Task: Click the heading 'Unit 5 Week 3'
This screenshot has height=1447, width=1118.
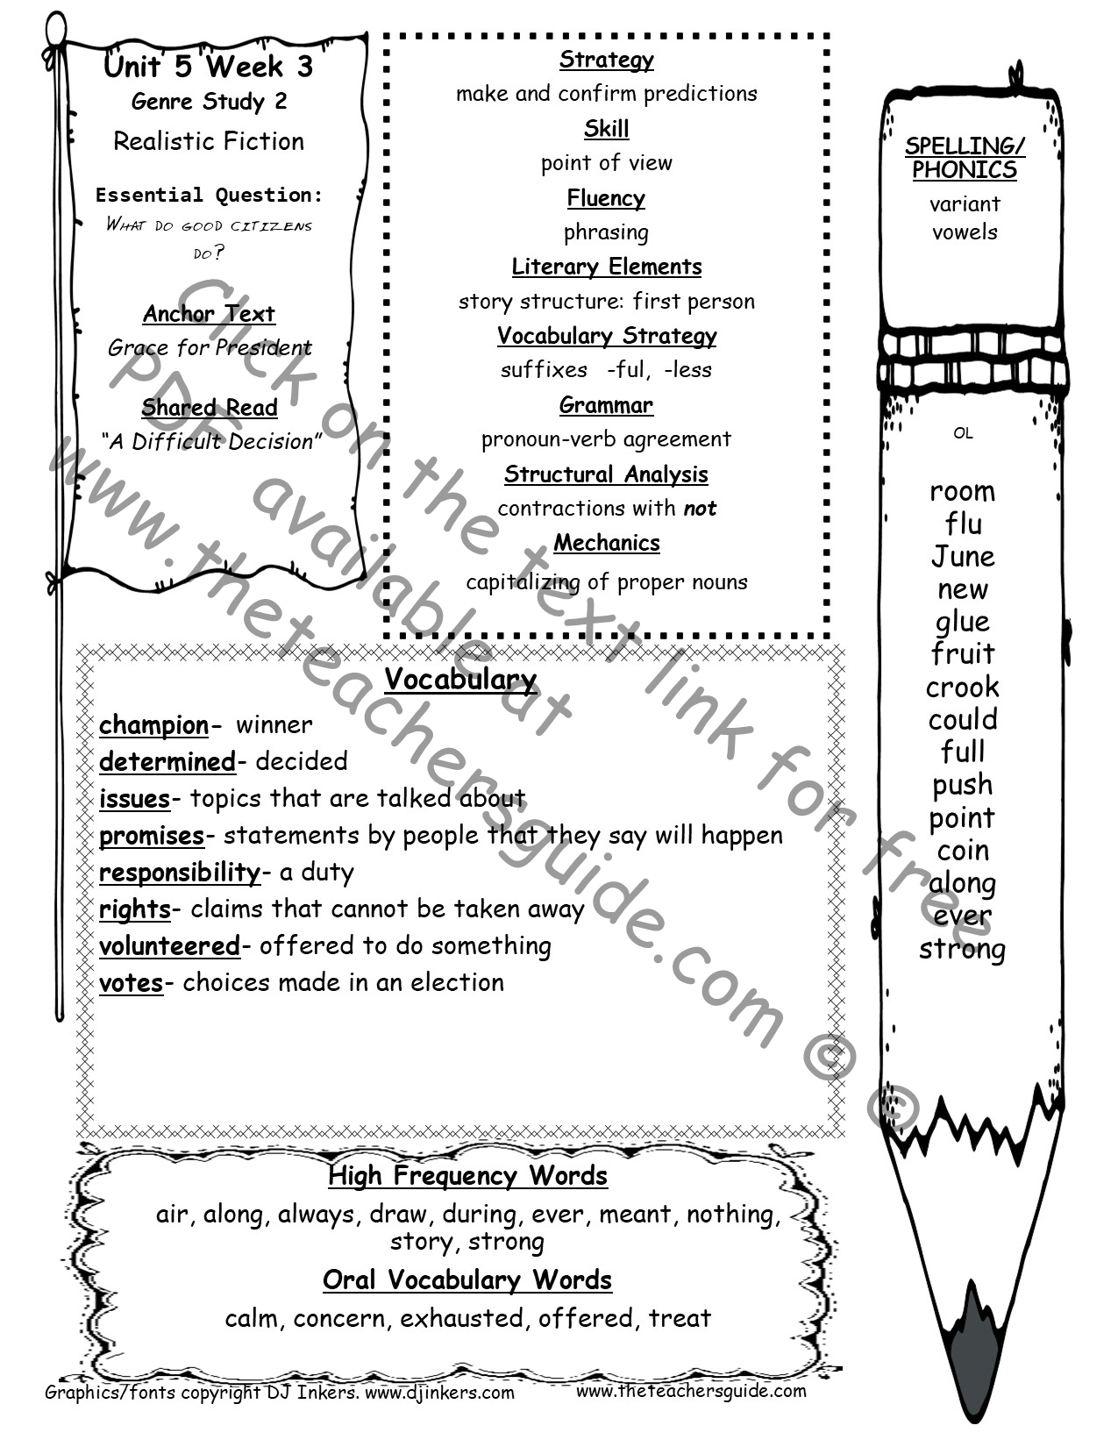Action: pos(209,66)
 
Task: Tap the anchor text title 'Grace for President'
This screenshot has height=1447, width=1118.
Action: pos(209,347)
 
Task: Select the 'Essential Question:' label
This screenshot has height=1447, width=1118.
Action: pos(209,195)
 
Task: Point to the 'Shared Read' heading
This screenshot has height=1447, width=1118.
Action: pos(209,408)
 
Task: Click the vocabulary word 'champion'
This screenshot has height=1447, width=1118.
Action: pos(153,726)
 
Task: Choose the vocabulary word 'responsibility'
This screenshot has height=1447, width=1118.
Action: pos(180,873)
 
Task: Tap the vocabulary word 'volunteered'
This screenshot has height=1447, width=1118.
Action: pos(169,946)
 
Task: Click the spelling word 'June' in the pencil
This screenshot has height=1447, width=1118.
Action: pos(963,557)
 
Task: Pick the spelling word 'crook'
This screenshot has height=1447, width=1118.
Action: pos(963,688)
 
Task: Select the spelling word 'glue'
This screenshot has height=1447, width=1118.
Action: pos(963,623)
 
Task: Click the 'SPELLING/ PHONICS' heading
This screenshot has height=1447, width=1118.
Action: pos(965,158)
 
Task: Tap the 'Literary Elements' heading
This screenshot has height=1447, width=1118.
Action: pos(607,267)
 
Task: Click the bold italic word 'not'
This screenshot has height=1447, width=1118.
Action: pos(701,509)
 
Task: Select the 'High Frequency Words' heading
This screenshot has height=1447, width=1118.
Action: pos(467,1176)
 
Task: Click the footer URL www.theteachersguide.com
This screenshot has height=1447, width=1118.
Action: pos(691,1390)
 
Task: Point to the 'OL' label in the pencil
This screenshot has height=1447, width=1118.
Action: pos(963,433)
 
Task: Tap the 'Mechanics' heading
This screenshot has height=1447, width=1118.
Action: pos(607,544)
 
